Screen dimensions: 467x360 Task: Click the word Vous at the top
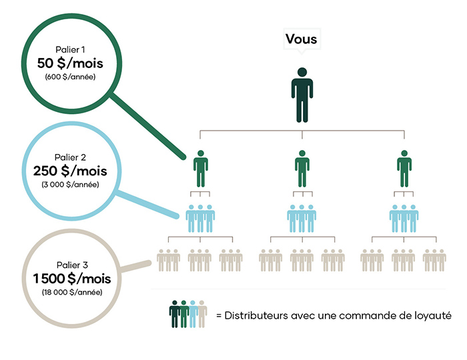301,39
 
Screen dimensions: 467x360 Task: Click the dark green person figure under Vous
302,95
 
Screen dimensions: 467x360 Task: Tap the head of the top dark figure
302,72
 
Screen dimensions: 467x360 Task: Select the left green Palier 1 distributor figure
201,169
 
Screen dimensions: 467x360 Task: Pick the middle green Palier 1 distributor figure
302,169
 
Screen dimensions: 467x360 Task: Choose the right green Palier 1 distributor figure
404,169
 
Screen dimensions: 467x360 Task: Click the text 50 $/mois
70,63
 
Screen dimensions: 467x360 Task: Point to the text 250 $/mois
70,171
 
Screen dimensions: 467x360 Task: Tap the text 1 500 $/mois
72,279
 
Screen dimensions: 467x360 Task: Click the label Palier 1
70,49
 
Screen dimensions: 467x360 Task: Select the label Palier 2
70,157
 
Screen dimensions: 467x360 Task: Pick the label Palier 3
72,265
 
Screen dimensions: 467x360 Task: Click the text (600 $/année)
70,77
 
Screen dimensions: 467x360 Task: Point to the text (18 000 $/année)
72,292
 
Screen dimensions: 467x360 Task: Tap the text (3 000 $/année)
70,185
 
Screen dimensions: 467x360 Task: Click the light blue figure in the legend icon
193,314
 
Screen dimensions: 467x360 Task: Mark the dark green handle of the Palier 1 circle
148,125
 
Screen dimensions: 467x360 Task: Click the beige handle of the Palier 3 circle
135,266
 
